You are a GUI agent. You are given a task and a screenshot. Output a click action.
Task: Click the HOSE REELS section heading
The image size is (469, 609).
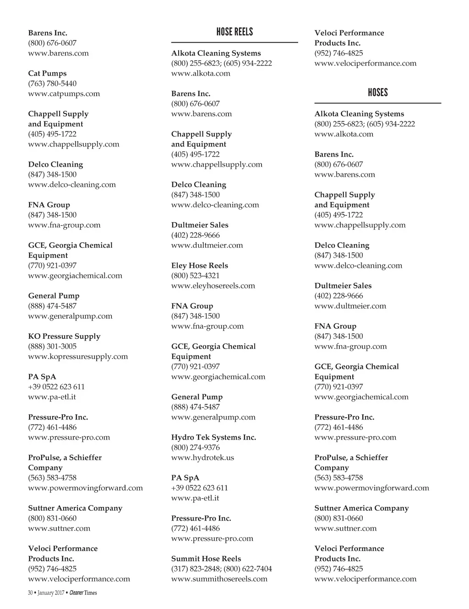[234, 32]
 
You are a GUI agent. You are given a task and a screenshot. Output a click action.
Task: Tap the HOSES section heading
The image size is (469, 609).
[378, 92]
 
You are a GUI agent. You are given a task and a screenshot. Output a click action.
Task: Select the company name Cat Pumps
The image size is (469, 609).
[47, 73]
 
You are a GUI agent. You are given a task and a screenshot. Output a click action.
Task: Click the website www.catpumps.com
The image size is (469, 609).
[64, 93]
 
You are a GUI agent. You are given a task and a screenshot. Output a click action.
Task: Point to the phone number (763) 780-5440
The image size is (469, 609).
[52, 83]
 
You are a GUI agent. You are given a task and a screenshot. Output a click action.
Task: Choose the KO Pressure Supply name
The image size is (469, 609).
[64, 336]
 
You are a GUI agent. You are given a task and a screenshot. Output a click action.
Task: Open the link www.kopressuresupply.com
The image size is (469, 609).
[78, 356]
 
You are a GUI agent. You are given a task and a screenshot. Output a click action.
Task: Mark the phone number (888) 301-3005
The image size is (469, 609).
[52, 346]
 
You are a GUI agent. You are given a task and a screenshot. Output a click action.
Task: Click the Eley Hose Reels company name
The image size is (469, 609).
[199, 266]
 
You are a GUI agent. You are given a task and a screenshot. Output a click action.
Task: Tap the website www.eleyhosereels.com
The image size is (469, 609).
[213, 286]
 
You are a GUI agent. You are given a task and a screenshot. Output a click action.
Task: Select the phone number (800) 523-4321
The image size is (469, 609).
[195, 276]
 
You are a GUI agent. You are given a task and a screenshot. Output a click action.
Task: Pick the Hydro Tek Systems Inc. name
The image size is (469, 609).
[213, 437]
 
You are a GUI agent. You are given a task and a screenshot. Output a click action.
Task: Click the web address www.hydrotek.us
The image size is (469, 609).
[202, 457]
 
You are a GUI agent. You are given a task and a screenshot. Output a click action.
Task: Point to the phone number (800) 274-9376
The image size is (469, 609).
[195, 447]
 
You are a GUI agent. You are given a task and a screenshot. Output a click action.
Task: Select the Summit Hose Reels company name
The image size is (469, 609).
[206, 559]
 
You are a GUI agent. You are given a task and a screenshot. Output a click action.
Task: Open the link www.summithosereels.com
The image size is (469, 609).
[219, 579]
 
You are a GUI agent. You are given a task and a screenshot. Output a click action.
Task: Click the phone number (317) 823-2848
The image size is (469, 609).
[196, 569]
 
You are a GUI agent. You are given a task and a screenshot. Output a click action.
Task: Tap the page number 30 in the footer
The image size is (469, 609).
[30, 593]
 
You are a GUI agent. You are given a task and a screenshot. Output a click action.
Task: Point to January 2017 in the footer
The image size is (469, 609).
[51, 593]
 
